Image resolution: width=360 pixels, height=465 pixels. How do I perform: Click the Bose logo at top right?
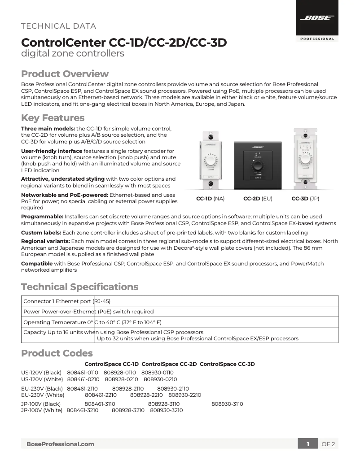pyautogui.click(x=317, y=18)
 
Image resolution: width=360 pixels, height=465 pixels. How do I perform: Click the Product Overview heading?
pyautogui.click(x=65, y=74)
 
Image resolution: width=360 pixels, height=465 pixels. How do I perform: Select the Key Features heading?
pyautogui.click(x=53, y=118)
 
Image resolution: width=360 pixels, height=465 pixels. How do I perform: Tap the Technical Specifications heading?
pyautogui.click(x=79, y=287)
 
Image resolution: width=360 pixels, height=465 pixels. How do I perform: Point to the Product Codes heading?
pyautogui.click(x=57, y=353)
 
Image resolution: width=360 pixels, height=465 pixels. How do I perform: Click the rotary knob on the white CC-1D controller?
pyautogui.click(x=210, y=161)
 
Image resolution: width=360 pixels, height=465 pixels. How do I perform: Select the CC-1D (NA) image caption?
pyautogui.click(x=210, y=198)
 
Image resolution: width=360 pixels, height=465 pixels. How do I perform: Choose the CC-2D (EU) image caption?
pyautogui.click(x=258, y=198)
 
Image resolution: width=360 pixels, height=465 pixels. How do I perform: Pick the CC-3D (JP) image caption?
pyautogui.click(x=305, y=198)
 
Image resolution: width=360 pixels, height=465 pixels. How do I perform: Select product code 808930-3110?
pyautogui.click(x=227, y=404)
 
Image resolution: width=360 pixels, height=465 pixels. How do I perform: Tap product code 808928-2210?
pyautogui.click(x=146, y=395)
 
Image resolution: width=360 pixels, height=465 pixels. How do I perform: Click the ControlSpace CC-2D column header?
pyautogui.click(x=169, y=364)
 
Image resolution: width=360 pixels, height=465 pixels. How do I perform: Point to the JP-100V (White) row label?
pyautogui.click(x=42, y=410)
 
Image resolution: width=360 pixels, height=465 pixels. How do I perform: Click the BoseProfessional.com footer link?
pyautogui.click(x=60, y=444)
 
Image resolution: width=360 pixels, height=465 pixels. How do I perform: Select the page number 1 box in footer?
pyautogui.click(x=308, y=444)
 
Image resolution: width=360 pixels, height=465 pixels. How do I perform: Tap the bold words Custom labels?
pyautogui.click(x=42, y=232)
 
